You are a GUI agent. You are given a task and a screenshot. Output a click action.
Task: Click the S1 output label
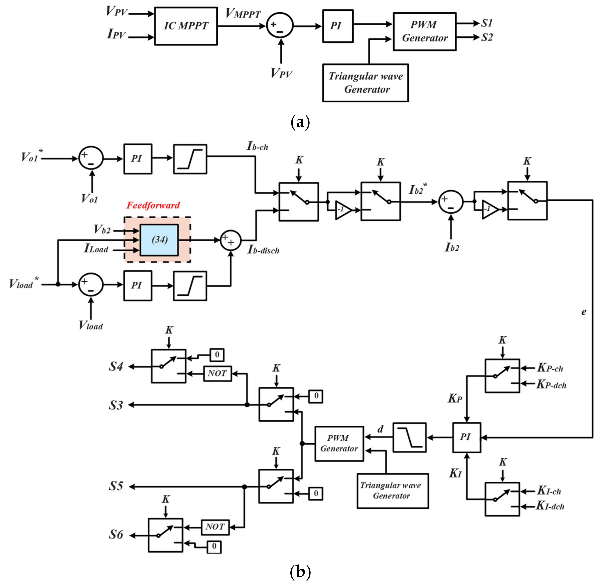(487, 23)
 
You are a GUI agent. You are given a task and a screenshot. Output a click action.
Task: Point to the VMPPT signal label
(243, 14)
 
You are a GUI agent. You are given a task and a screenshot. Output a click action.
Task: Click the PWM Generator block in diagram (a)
(424, 32)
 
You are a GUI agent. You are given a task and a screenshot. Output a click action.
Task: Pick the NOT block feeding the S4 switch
(217, 374)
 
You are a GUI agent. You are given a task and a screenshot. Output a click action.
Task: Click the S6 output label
(116, 535)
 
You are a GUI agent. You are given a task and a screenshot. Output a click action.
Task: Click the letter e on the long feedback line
(583, 312)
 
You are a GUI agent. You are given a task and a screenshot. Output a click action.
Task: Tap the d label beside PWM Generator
(380, 429)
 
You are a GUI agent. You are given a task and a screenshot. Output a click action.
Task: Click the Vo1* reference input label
(32, 157)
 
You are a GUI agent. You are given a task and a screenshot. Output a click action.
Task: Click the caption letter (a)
(300, 122)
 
